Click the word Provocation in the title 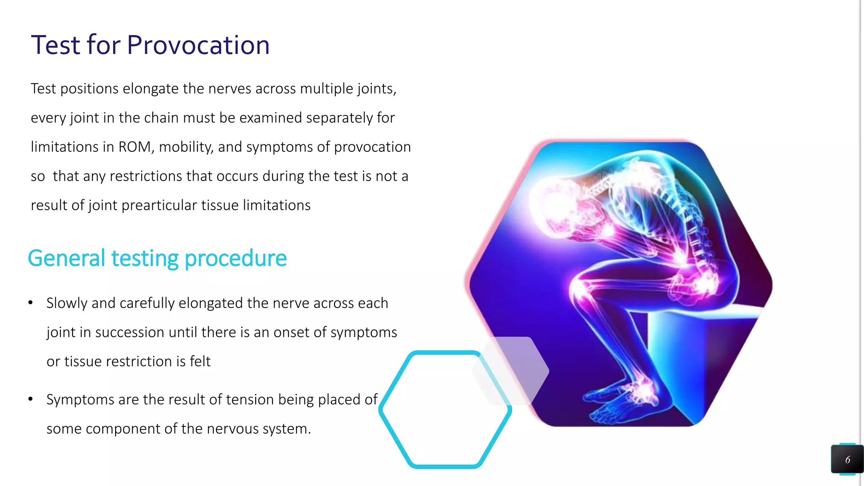[198, 45]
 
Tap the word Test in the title [55, 45]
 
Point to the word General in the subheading [66, 258]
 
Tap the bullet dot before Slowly [30, 302]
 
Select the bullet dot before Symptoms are [30, 399]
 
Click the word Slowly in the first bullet [67, 303]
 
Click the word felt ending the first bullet [200, 362]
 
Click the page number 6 [847, 460]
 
